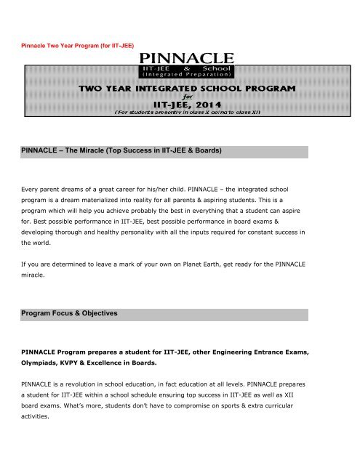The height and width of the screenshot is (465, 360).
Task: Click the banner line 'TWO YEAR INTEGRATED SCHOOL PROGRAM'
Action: tap(193, 87)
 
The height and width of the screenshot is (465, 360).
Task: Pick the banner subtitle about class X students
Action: tap(193, 115)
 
